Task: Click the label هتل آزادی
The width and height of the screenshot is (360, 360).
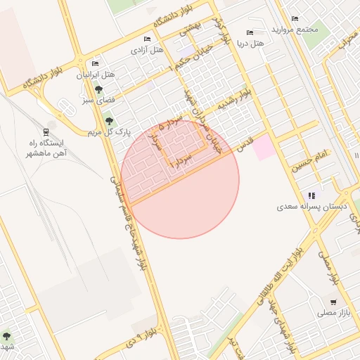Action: pyautogui.click(x=147, y=50)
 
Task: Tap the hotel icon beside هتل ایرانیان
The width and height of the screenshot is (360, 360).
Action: pyautogui.click(x=95, y=63)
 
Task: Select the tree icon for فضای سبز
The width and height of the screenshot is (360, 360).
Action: pyautogui.click(x=98, y=89)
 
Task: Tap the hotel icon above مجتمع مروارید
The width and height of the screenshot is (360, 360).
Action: pyautogui.click(x=295, y=19)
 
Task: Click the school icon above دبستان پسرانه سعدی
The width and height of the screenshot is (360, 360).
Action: pyautogui.click(x=311, y=195)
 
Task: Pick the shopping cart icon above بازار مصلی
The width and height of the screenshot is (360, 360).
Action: pyautogui.click(x=333, y=302)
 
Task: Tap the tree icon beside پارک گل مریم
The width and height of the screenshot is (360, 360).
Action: pyautogui.click(x=108, y=121)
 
